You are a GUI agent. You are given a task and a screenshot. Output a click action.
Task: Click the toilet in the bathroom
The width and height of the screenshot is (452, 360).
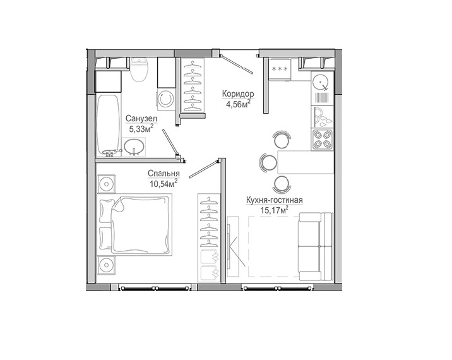(x=139, y=69)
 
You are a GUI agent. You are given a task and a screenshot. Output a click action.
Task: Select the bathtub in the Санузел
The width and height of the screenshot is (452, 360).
(x=108, y=125)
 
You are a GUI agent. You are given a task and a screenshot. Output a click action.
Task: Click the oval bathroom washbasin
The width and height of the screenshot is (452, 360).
(x=134, y=147)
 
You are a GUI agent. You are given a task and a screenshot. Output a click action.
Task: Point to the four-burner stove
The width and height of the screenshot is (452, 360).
(x=323, y=140)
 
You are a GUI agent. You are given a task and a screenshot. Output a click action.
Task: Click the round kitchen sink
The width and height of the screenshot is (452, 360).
(x=321, y=81)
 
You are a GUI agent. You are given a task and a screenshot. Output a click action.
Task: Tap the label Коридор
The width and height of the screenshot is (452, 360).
(x=238, y=94)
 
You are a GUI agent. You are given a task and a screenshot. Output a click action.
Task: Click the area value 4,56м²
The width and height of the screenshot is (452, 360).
(x=238, y=104)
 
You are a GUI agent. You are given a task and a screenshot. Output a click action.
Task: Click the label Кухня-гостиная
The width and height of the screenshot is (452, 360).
(x=274, y=200)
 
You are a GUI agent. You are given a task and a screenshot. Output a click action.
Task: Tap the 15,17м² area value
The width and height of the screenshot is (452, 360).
(x=275, y=210)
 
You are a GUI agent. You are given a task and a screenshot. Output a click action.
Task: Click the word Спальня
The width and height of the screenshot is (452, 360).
(x=164, y=173)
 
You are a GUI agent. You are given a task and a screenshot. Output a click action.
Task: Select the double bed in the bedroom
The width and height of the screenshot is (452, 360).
(x=134, y=224)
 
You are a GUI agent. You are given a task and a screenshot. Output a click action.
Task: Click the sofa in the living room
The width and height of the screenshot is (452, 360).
(x=316, y=247)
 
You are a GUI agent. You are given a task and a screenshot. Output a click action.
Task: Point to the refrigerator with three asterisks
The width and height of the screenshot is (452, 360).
(x=279, y=69)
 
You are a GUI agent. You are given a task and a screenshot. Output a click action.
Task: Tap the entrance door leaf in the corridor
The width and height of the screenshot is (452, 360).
(x=238, y=64)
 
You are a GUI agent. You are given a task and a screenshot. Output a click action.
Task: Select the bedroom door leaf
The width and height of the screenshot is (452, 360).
(x=203, y=170)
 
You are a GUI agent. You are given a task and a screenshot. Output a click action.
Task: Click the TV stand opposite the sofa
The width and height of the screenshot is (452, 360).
(x=233, y=247)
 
